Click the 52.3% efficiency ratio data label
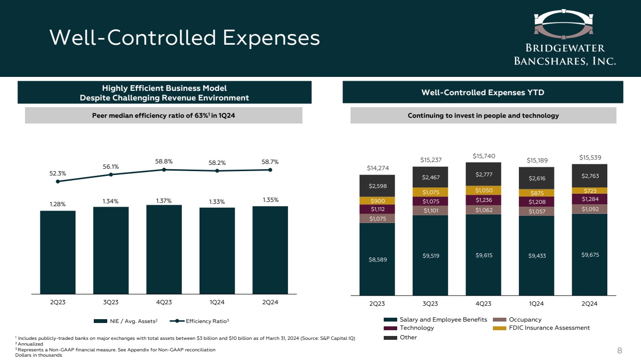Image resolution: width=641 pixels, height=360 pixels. pos(58,173)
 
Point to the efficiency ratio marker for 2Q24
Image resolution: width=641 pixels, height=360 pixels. pos(270,170)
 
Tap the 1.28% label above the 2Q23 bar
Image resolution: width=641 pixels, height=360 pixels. pos(58,204)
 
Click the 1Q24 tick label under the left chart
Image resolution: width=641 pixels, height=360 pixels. pos(217,302)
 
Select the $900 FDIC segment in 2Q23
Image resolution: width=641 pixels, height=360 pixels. pos(377,201)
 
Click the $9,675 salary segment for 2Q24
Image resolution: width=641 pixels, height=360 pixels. pos(589,254)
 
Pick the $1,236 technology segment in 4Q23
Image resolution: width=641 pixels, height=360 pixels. pos(483,200)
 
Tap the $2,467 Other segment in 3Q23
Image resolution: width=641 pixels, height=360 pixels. pos(430,177)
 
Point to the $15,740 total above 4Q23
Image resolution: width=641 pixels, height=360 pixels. pos(483,156)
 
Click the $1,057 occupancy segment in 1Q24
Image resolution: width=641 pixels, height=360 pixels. pos(536,211)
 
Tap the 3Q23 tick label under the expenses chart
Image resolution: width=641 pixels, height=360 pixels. pos(430,303)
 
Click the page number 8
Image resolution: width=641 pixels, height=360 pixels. pos(620,350)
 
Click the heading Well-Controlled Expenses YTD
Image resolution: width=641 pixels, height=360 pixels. pos(483,92)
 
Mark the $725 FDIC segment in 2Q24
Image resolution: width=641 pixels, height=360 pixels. pos(589,191)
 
